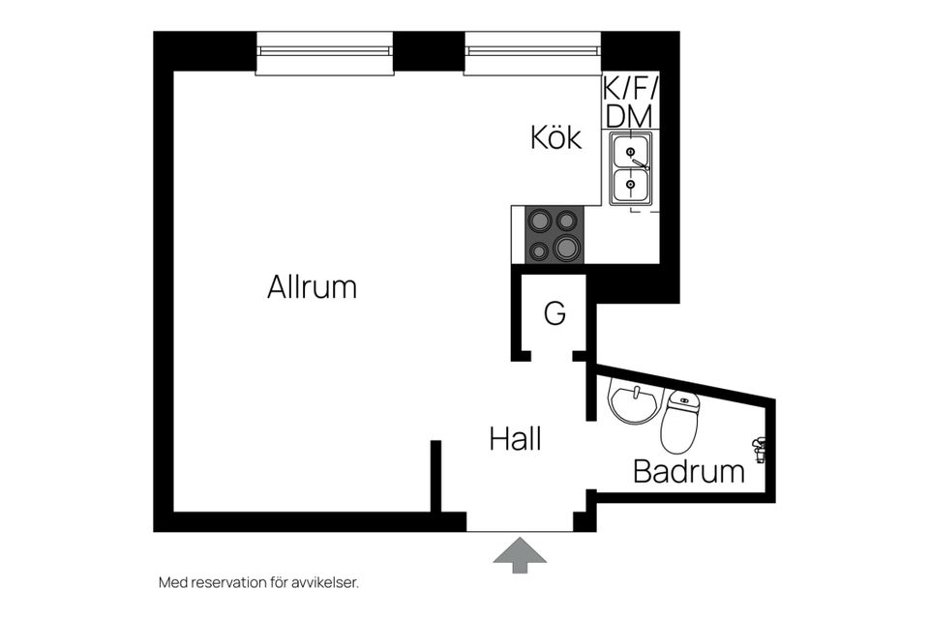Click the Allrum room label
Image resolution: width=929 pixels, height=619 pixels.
(x=312, y=287)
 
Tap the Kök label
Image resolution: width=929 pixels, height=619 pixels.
(x=555, y=137)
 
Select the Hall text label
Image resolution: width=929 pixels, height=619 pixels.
(x=516, y=439)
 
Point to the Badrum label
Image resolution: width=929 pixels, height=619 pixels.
(x=689, y=472)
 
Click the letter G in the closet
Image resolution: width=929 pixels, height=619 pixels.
(x=554, y=313)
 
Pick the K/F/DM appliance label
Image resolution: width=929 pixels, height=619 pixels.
(x=630, y=103)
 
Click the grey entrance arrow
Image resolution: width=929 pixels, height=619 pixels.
(x=520, y=555)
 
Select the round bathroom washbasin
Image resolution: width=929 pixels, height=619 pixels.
(x=633, y=404)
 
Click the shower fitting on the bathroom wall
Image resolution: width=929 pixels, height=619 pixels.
(x=759, y=449)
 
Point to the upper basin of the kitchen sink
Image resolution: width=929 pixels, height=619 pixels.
(x=630, y=151)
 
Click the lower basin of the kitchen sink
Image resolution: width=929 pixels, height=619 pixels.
(x=630, y=185)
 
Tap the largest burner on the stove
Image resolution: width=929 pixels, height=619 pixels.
(x=567, y=247)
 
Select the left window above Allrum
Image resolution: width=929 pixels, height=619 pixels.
(x=325, y=53)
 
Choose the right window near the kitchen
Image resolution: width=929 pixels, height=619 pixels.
(x=532, y=53)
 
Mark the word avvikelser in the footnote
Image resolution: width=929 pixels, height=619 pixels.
(x=325, y=583)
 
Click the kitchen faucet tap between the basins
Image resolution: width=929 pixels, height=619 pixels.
(x=640, y=164)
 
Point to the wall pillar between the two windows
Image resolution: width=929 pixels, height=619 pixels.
(x=429, y=51)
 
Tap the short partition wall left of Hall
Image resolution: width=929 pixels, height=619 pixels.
(x=436, y=476)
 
